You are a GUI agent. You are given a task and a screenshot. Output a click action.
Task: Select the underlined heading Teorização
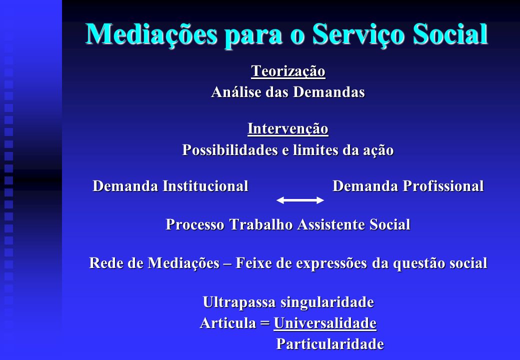(288, 71)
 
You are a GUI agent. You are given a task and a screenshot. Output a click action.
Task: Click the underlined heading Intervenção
(288, 129)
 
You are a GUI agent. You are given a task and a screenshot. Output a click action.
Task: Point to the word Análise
(236, 92)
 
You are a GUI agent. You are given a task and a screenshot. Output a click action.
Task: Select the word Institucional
(205, 186)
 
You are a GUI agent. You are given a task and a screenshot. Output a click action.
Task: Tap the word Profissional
(443, 186)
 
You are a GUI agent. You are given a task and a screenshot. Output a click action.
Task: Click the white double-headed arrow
(300, 200)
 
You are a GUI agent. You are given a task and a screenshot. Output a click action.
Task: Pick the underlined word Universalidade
(325, 323)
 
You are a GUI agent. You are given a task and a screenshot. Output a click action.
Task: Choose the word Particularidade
(330, 344)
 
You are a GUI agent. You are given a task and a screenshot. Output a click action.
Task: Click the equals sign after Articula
(265, 323)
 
